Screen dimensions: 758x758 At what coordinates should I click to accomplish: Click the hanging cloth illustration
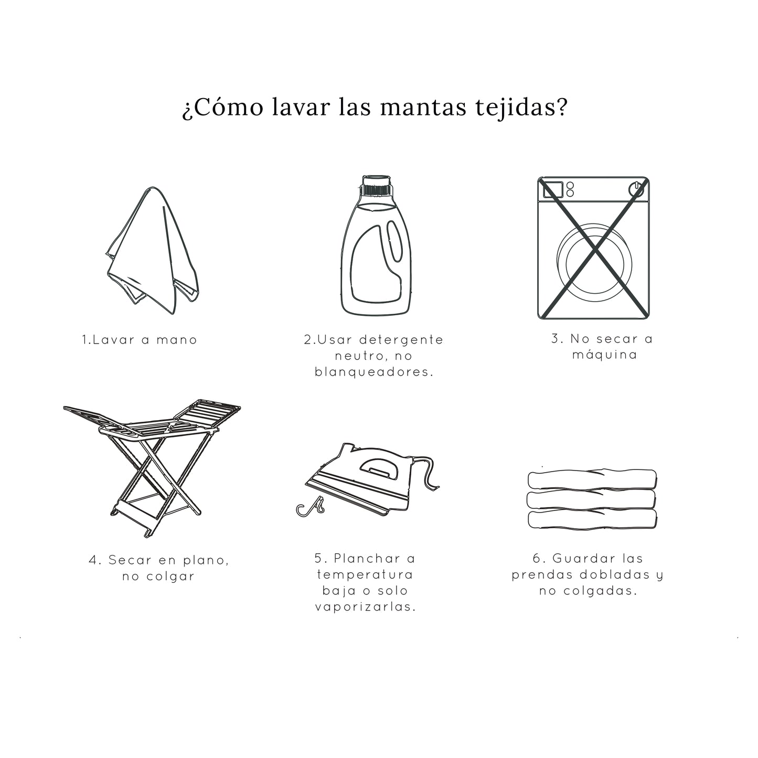click(153, 251)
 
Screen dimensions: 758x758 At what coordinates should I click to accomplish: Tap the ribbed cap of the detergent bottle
click(376, 185)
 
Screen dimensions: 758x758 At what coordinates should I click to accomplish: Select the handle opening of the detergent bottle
click(394, 241)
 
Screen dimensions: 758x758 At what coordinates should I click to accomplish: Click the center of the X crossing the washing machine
click(594, 248)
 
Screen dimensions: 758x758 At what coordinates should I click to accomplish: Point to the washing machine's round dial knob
click(636, 189)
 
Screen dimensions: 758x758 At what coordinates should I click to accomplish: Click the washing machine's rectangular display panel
click(553, 189)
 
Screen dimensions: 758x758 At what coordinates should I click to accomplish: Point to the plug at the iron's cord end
click(311, 507)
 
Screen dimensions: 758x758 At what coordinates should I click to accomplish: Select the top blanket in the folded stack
click(592, 479)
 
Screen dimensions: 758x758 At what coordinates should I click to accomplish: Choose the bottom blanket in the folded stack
click(592, 519)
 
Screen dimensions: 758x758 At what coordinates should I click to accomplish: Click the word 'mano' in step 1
click(177, 340)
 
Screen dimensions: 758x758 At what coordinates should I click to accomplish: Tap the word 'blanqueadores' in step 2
click(373, 372)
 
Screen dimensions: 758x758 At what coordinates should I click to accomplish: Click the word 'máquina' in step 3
click(605, 355)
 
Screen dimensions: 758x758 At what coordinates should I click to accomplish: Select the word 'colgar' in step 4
click(170, 577)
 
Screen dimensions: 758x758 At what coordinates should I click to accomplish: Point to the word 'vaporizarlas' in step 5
click(366, 607)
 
